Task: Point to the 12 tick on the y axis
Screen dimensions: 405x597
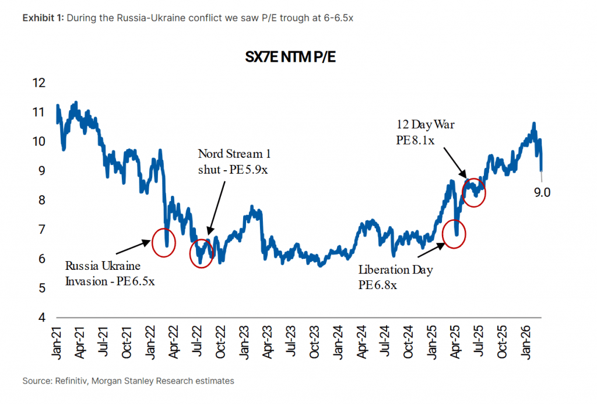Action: click(x=38, y=83)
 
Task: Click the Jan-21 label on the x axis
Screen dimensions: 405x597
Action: click(x=57, y=342)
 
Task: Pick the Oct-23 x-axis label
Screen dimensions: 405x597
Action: click(x=314, y=342)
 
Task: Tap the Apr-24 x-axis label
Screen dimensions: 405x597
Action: click(x=361, y=342)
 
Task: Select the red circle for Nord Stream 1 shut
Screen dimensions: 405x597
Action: click(x=202, y=252)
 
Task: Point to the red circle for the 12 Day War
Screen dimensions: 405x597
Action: click(x=475, y=191)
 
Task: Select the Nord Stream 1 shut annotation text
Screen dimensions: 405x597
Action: click(x=234, y=161)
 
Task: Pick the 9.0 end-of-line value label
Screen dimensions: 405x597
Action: click(x=542, y=192)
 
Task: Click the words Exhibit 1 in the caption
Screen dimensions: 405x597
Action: click(x=43, y=17)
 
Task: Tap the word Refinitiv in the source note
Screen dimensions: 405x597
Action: click(x=70, y=381)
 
